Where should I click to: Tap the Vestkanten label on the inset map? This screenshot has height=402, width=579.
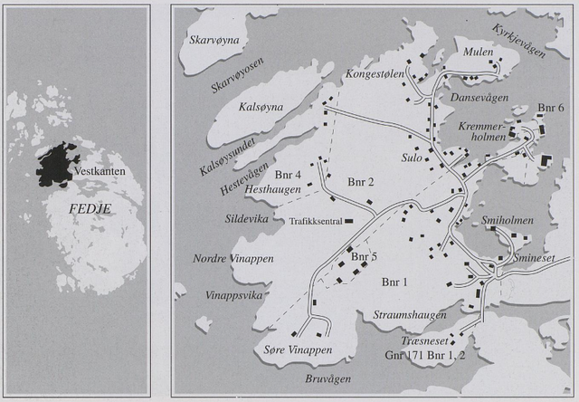(100, 171)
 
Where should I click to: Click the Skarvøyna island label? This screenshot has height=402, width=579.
(212, 42)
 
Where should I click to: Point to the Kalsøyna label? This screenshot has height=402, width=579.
(237, 107)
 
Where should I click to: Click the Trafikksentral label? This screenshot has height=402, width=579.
(314, 220)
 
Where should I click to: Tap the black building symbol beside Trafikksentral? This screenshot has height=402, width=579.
(348, 220)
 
